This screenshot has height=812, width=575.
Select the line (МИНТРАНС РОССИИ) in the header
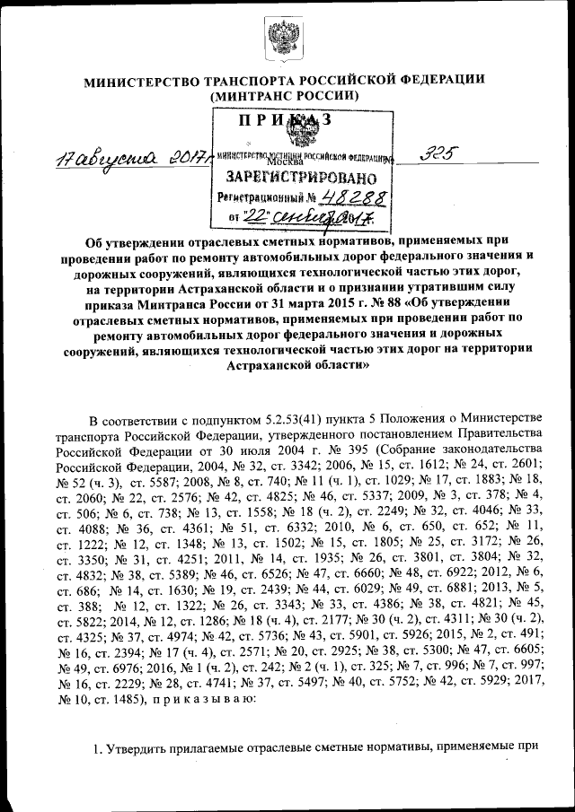(x=287, y=96)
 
